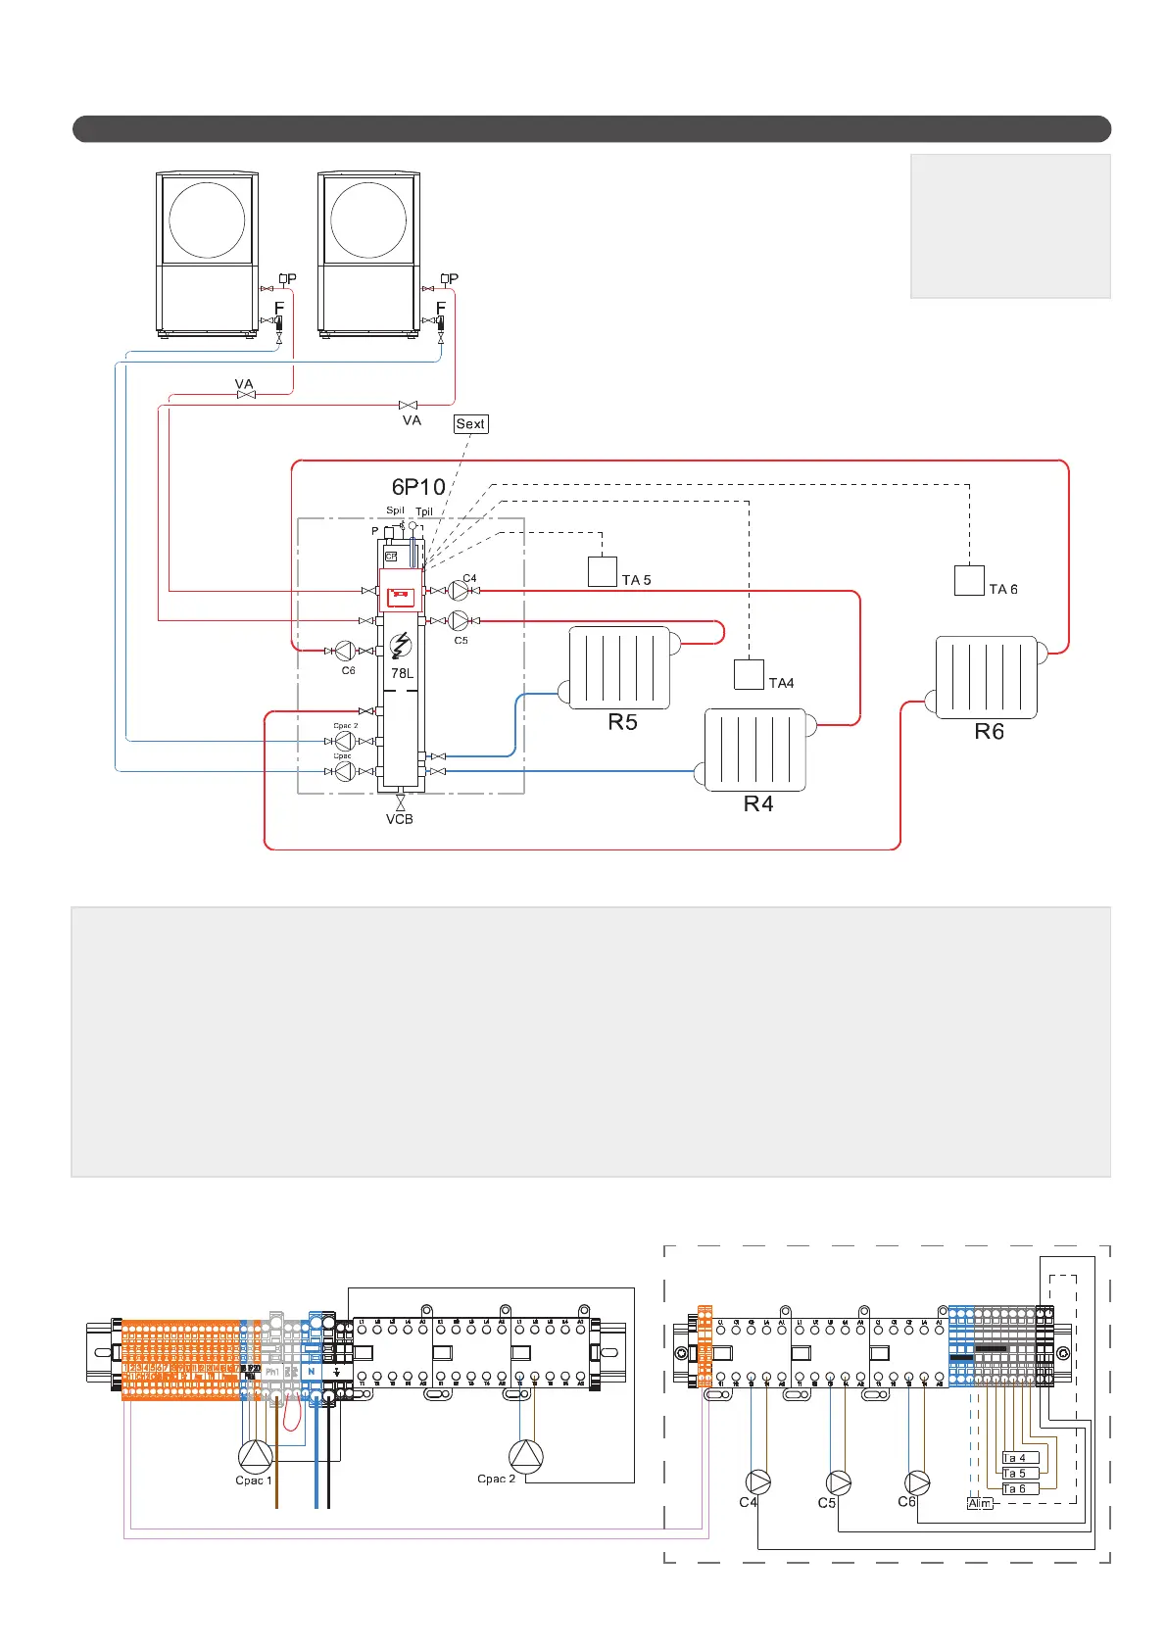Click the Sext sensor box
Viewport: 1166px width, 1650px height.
[x=470, y=424]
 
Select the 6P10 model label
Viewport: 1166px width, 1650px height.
[x=418, y=487]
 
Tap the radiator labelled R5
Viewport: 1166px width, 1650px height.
[x=619, y=668]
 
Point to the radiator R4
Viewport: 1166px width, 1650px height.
[x=755, y=750]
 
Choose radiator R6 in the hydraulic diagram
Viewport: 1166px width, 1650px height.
[x=986, y=677]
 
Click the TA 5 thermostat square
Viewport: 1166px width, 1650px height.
[x=602, y=571]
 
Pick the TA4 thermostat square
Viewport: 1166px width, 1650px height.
[x=749, y=674]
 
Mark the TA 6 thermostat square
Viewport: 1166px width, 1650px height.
[x=969, y=581]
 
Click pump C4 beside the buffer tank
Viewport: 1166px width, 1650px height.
[x=459, y=591]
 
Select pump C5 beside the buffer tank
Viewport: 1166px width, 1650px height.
[x=459, y=621]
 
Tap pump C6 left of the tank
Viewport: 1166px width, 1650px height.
[x=345, y=651]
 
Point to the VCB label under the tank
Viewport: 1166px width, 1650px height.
[x=400, y=819]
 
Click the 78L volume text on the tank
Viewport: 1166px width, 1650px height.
[x=402, y=674]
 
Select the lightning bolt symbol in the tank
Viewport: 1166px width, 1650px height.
[x=400, y=646]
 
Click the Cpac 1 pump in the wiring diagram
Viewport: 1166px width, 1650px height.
[x=255, y=1456]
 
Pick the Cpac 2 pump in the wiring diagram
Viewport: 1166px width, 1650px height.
[x=525, y=1456]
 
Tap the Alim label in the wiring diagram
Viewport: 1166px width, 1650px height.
[x=980, y=1503]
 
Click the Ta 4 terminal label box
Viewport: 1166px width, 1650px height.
[x=1019, y=1458]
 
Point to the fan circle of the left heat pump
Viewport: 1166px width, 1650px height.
[x=207, y=218]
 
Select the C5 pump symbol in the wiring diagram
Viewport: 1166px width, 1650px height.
[x=839, y=1482]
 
